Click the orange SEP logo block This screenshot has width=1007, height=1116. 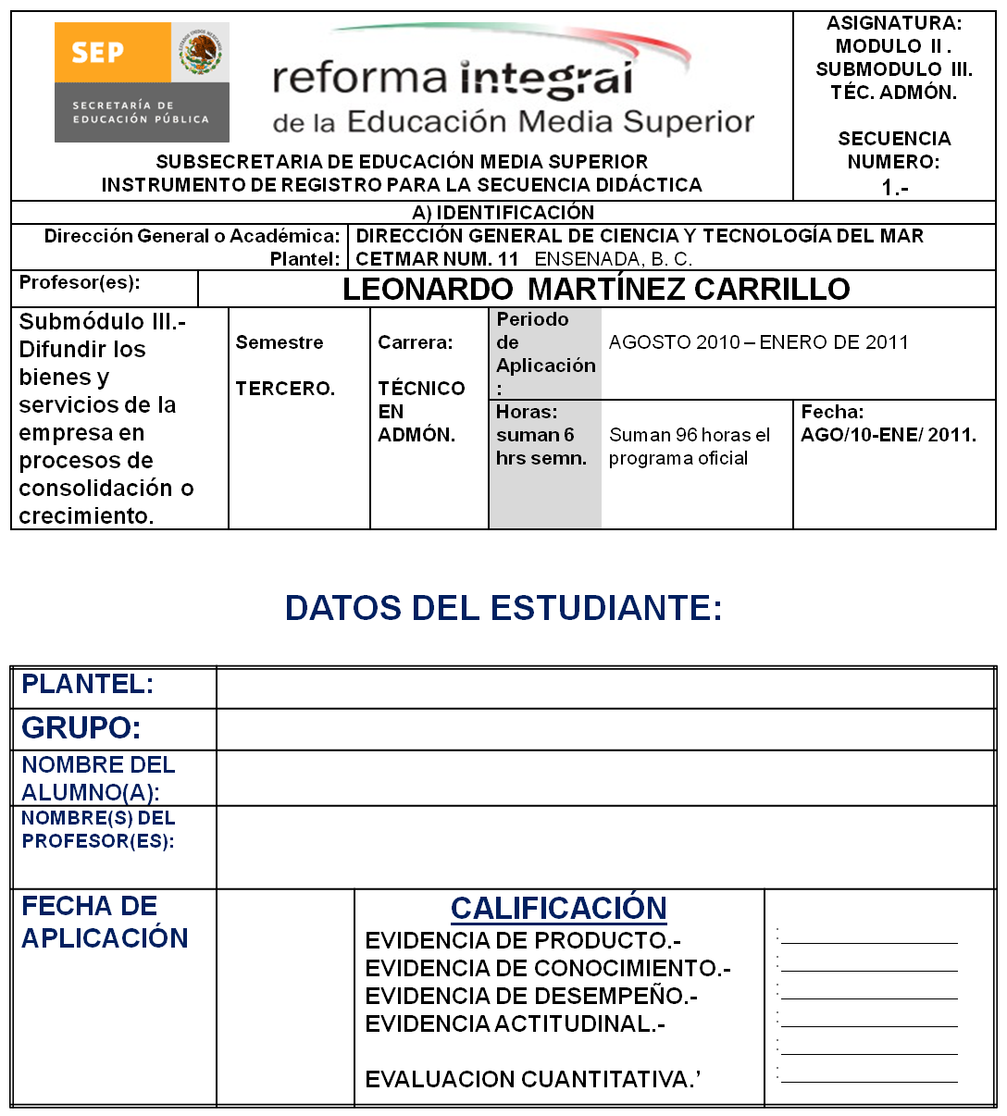click(112, 53)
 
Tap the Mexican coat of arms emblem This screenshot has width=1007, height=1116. click(201, 53)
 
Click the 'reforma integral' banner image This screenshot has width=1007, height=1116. click(513, 81)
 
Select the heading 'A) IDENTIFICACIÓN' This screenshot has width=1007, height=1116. click(503, 213)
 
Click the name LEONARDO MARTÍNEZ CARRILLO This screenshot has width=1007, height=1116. click(596, 289)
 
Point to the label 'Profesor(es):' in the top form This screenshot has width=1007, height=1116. click(80, 282)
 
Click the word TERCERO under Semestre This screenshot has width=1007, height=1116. click(285, 388)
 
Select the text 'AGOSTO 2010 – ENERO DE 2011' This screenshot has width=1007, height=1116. click(758, 342)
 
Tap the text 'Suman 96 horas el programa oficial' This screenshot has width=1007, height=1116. click(689, 446)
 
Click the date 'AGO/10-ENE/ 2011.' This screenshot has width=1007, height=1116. click(888, 435)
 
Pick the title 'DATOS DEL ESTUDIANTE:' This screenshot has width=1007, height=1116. click(503, 608)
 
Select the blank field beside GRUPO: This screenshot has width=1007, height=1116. click(605, 729)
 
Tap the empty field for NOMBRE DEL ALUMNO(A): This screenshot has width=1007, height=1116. click(605, 777)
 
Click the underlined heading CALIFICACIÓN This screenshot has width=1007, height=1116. click(558, 909)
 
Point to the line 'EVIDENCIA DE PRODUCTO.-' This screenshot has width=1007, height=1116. click(523, 941)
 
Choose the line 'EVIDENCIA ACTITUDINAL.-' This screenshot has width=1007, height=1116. click(515, 1024)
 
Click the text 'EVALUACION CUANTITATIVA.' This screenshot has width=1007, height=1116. click(532, 1080)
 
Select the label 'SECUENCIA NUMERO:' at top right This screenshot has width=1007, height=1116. click(894, 150)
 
